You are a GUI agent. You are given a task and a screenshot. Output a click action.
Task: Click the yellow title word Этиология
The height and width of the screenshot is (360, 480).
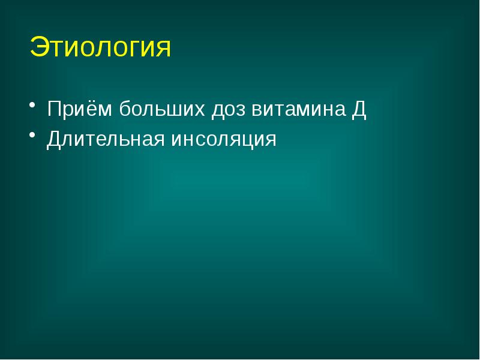(x=100, y=48)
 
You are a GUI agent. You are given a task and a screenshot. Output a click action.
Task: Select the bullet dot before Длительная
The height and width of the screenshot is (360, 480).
(x=34, y=139)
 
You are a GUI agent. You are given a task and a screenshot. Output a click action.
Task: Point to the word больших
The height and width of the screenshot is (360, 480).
(x=160, y=109)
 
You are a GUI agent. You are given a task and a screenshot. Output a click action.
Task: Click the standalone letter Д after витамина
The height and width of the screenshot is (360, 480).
(x=359, y=109)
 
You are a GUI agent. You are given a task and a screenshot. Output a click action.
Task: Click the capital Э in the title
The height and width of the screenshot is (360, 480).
(x=38, y=48)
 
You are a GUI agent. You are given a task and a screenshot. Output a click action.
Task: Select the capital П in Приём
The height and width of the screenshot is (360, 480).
(x=55, y=109)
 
